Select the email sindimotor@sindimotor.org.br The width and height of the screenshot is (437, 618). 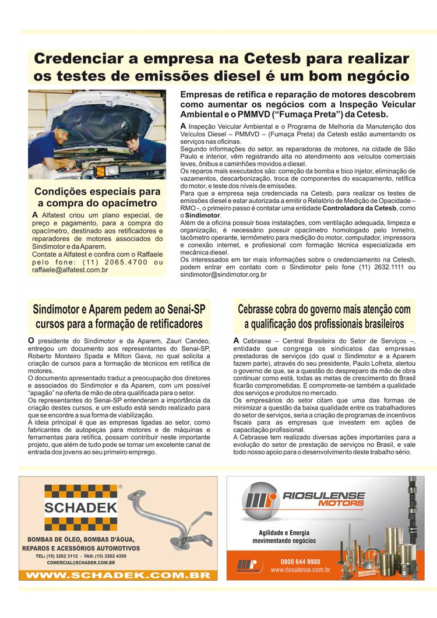(224, 274)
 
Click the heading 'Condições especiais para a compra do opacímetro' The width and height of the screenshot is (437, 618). (97, 197)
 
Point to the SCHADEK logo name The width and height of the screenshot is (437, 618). (81, 507)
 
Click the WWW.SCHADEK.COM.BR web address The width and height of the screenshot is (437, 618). (118, 575)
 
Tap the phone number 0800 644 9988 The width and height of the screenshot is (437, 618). (300, 562)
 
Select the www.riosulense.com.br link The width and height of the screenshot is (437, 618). (300, 570)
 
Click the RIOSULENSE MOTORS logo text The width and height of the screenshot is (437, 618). (324, 499)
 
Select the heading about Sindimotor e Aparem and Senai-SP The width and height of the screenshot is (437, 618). (119, 316)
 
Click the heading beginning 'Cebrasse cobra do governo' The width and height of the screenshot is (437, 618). (324, 316)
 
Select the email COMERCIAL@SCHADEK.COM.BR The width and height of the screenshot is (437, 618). (75, 563)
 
